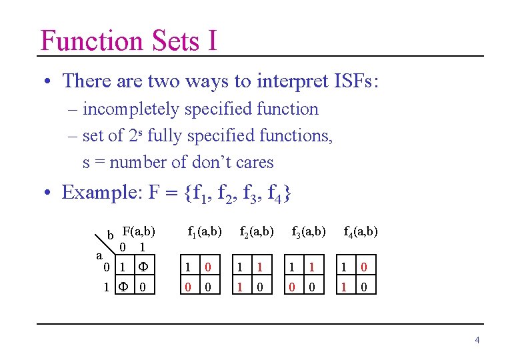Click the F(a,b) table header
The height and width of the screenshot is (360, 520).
coord(139,231)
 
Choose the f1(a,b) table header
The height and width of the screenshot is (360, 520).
coord(205,232)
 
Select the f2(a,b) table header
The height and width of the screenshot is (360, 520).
coord(257,232)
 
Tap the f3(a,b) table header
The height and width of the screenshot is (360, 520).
coord(309,232)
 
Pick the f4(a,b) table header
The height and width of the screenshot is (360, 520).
coord(361,232)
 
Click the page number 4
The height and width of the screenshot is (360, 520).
coord(477,341)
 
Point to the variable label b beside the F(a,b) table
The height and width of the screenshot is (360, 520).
coord(111,235)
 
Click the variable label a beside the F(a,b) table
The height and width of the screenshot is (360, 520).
coord(99,255)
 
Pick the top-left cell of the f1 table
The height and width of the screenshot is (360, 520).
coord(189,267)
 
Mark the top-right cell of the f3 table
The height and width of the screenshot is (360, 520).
coord(311,267)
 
